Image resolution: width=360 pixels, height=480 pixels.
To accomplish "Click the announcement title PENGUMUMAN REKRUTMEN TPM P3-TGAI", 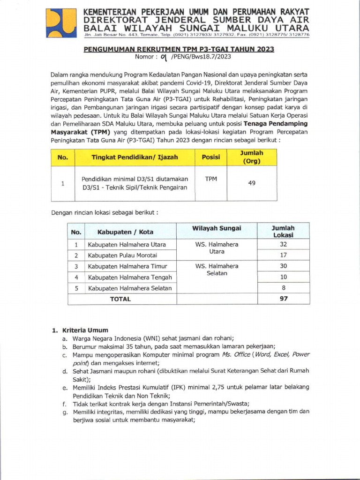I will pyautogui.click(x=179, y=49).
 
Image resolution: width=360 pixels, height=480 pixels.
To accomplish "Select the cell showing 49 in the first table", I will pyautogui.click(x=252, y=183).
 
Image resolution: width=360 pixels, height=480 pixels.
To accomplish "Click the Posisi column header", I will pyautogui.click(x=211, y=157).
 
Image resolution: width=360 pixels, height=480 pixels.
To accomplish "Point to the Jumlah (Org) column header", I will pyautogui.click(x=252, y=157).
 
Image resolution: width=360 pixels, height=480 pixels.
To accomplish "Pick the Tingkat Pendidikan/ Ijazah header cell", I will pyautogui.click(x=135, y=157).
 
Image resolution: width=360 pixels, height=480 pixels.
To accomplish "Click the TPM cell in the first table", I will pyautogui.click(x=211, y=179).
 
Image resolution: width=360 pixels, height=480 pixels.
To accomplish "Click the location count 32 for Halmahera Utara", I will pyautogui.click(x=283, y=244).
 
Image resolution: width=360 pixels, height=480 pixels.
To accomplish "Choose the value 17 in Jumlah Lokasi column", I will pyautogui.click(x=283, y=255).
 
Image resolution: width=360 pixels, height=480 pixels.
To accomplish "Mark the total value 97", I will pyautogui.click(x=283, y=299).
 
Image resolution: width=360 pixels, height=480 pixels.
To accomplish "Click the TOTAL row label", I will pyautogui.click(x=120, y=299).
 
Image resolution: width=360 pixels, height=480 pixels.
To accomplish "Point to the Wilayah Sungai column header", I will pyautogui.click(x=217, y=228).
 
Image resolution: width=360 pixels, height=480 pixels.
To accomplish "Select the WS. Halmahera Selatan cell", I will pyautogui.click(x=217, y=270).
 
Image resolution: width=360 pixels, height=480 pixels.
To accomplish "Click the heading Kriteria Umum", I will pyautogui.click(x=83, y=330).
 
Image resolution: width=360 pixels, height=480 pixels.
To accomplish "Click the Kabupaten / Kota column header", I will pyautogui.click(x=125, y=232).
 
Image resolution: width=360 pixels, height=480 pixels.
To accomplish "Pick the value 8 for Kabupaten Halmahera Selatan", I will pyautogui.click(x=283, y=288).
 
